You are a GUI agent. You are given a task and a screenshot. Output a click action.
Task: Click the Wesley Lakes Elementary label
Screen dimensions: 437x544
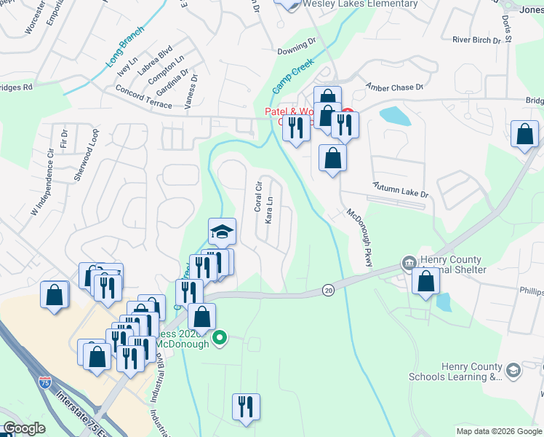(x=361, y=4)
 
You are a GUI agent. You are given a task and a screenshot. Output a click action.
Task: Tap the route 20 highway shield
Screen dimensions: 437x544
(x=328, y=291)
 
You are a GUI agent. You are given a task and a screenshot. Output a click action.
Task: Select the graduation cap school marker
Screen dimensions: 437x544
(x=222, y=232)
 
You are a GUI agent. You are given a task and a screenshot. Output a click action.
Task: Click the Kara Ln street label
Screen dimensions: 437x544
(x=269, y=209)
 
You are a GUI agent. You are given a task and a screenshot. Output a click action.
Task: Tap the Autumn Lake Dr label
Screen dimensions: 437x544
(x=401, y=191)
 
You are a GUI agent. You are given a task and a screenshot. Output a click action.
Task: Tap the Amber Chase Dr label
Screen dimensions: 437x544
(x=394, y=87)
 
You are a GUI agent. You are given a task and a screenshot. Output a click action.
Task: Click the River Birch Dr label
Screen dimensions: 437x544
(x=476, y=40)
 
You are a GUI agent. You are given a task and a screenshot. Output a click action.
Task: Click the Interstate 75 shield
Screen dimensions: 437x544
(x=45, y=379)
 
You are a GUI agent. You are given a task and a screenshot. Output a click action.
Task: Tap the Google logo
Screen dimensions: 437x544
(x=23, y=428)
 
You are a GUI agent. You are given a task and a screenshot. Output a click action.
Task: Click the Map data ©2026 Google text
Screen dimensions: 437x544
(x=499, y=431)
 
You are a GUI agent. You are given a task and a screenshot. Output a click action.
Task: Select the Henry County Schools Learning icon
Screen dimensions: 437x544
(x=513, y=371)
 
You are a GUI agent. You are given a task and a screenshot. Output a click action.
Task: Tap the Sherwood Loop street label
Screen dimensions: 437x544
(x=92, y=149)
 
